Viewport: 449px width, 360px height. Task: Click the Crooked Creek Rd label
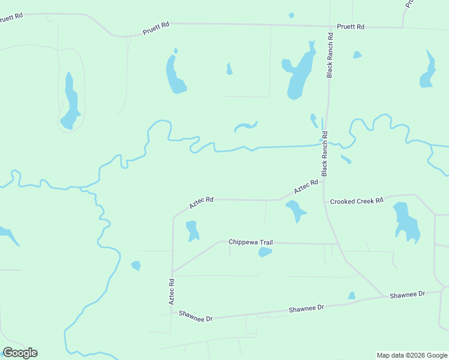(357, 201)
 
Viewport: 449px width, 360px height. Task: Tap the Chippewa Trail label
(250, 242)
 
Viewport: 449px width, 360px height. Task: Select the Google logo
(20, 353)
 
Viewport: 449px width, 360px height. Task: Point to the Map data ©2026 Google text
(412, 355)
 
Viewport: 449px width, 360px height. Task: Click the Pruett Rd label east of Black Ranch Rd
(351, 27)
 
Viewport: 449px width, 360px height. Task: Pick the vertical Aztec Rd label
(171, 291)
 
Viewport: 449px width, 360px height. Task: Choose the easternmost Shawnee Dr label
(407, 295)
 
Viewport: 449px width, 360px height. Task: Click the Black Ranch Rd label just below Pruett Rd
(330, 55)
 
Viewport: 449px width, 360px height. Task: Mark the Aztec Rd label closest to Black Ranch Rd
(306, 187)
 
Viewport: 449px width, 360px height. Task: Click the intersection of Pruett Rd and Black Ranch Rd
(330, 26)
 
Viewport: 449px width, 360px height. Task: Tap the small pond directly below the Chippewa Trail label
(265, 252)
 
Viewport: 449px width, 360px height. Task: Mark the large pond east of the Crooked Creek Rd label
(406, 222)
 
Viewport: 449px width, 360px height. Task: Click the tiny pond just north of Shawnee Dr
(351, 296)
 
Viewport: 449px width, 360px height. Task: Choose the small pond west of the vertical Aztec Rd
(136, 265)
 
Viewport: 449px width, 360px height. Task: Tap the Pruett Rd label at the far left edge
(11, 17)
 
